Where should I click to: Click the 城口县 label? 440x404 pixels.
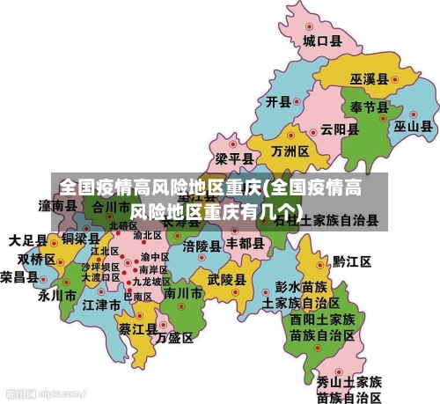[x=322, y=40]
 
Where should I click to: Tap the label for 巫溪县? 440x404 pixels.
[x=370, y=78]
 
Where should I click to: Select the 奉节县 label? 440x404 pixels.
[x=370, y=107]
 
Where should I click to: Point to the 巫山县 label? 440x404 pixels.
[x=412, y=126]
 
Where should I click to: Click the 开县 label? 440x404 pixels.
[x=278, y=101]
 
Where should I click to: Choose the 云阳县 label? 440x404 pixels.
[x=340, y=129]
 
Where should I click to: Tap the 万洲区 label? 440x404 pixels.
[x=290, y=151]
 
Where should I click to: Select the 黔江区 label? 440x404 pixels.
[x=352, y=261]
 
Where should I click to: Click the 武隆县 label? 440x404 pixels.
[x=226, y=279]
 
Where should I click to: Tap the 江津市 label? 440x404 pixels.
[x=101, y=305]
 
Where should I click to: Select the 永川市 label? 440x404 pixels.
[x=56, y=296]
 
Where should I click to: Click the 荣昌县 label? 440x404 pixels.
[x=18, y=276]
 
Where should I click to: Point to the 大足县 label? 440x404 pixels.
[x=28, y=239]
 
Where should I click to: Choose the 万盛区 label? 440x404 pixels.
[x=174, y=337]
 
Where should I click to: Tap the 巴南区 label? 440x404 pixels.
[x=137, y=297]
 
